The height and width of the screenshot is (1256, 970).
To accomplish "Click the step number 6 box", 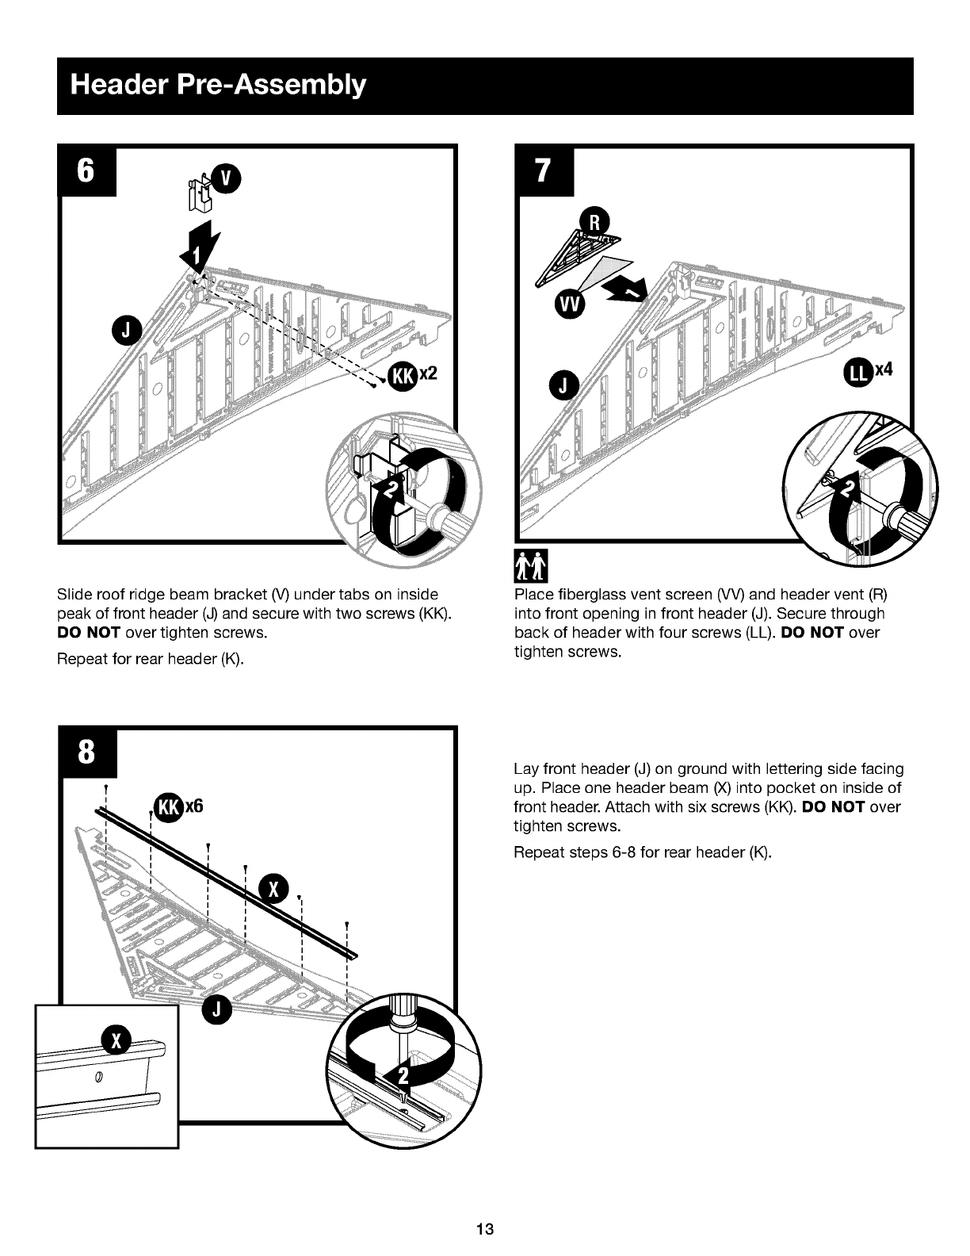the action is coord(86,170).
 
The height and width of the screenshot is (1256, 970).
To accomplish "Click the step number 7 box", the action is coord(544,170).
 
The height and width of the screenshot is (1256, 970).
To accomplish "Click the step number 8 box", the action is coord(87,752).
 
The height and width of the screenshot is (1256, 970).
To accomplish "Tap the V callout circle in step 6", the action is coord(226,178).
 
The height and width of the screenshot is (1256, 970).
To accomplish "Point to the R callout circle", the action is coord(594,222).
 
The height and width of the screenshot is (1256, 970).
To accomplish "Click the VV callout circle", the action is coord(571,304).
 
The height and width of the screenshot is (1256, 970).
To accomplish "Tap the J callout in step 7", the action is coord(564,385).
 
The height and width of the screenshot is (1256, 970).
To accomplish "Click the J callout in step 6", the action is coord(127,331).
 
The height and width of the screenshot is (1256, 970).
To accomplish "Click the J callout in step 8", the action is coord(217,1009).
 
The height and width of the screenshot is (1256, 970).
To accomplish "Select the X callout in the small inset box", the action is coord(116,1041).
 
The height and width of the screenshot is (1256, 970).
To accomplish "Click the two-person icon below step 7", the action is coord(531,566).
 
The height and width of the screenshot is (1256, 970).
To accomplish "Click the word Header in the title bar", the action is coord(119,85).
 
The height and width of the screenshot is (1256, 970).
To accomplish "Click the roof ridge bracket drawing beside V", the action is coord(200,193).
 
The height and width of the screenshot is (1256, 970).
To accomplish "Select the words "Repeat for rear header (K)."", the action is coord(151,659).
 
